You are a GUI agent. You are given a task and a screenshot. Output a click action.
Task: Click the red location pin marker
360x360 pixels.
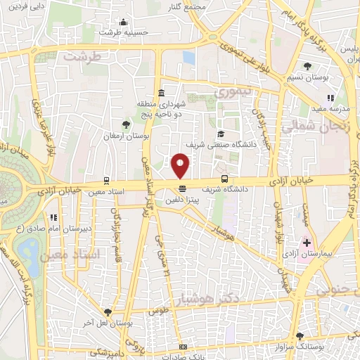pos(181,166)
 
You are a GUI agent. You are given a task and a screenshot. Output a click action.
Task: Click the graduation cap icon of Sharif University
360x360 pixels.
pos(220,134)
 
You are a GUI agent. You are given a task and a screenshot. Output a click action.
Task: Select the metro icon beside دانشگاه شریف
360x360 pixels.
pos(224,179)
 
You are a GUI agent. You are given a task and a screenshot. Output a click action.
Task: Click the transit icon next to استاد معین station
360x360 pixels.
pos(106,179)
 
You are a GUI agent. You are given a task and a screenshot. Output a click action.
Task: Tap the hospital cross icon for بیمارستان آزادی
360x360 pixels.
pos(306,241)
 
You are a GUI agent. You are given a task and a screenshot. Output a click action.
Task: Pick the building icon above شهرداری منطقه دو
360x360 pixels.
pos(162,94)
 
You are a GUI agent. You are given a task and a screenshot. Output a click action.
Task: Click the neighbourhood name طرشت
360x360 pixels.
pos(82,55)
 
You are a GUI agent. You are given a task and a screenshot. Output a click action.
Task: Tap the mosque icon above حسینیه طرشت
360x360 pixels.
pos(124,22)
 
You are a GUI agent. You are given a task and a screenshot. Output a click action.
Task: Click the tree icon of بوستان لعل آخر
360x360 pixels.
pos(107,311)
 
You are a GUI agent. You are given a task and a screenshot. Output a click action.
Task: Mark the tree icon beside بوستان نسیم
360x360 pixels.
pos(288,66)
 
